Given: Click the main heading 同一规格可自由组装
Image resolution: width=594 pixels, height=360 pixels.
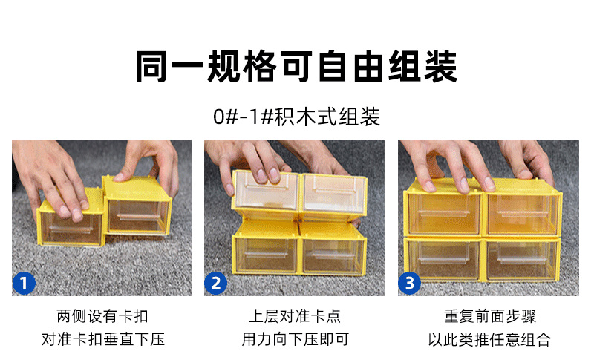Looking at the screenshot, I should (296, 65).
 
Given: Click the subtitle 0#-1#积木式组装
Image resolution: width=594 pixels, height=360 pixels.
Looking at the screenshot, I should (296, 117).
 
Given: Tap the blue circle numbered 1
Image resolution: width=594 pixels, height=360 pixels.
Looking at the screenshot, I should (25, 282).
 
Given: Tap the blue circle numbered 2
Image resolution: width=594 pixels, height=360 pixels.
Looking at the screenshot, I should (217, 282).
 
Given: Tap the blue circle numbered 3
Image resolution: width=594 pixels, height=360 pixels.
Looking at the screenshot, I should (410, 282).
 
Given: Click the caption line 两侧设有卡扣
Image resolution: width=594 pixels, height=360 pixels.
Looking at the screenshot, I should (102, 316).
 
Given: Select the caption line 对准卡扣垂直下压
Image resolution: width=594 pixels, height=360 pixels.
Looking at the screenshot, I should (102, 340).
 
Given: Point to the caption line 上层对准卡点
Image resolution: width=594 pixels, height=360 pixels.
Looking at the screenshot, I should (295, 316).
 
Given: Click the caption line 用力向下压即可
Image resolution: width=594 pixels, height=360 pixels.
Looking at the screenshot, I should (295, 340).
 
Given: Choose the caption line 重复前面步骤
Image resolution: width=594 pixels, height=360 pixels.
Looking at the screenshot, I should (490, 316).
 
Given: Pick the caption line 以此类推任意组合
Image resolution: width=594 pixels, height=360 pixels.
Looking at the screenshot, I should (490, 340).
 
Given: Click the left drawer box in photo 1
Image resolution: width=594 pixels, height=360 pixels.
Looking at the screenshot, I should (71, 223).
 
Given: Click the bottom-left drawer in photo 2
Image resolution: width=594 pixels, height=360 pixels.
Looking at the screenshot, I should (265, 252).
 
